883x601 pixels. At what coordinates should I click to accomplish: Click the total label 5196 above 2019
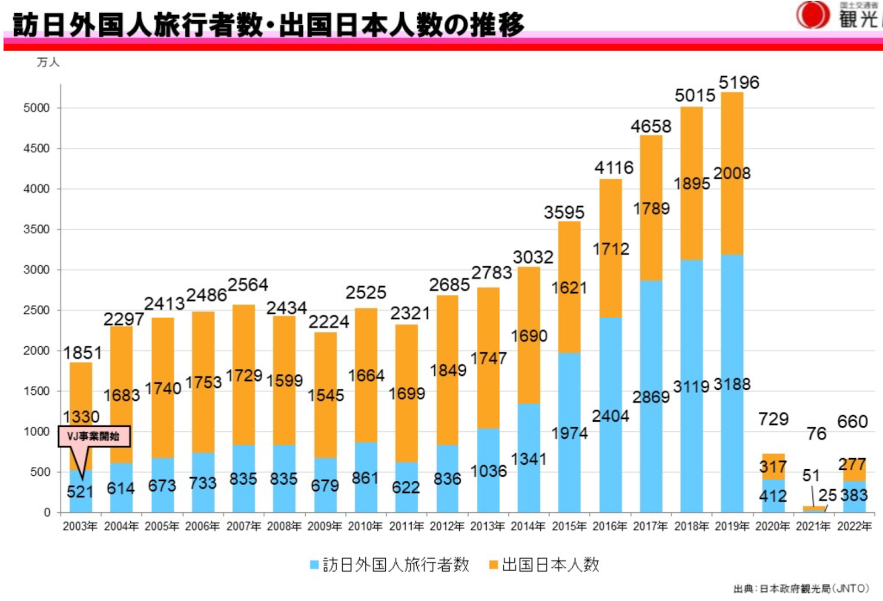click(739, 83)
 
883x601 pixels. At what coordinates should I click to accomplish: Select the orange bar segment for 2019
click(732, 210)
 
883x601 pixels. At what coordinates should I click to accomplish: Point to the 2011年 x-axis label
click(406, 527)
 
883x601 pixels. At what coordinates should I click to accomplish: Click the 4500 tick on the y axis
click(36, 148)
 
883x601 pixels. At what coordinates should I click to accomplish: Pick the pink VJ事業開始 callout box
click(94, 436)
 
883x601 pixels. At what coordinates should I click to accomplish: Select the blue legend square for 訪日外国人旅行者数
click(315, 565)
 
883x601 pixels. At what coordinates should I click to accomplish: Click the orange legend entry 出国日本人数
click(544, 565)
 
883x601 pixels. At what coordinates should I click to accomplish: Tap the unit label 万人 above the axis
click(48, 62)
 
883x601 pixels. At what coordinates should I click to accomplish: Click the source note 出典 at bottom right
click(801, 589)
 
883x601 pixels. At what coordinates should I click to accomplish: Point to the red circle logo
click(813, 15)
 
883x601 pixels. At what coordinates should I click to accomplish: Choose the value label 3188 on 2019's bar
click(732, 384)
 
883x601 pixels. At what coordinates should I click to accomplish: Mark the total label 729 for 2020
click(773, 419)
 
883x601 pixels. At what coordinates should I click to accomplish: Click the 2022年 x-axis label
click(854, 527)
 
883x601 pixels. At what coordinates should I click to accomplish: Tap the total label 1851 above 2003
click(83, 353)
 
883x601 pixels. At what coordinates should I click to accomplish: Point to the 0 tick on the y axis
click(47, 513)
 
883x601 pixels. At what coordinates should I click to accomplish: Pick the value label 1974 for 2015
click(570, 433)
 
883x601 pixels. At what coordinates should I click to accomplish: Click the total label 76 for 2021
click(816, 434)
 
